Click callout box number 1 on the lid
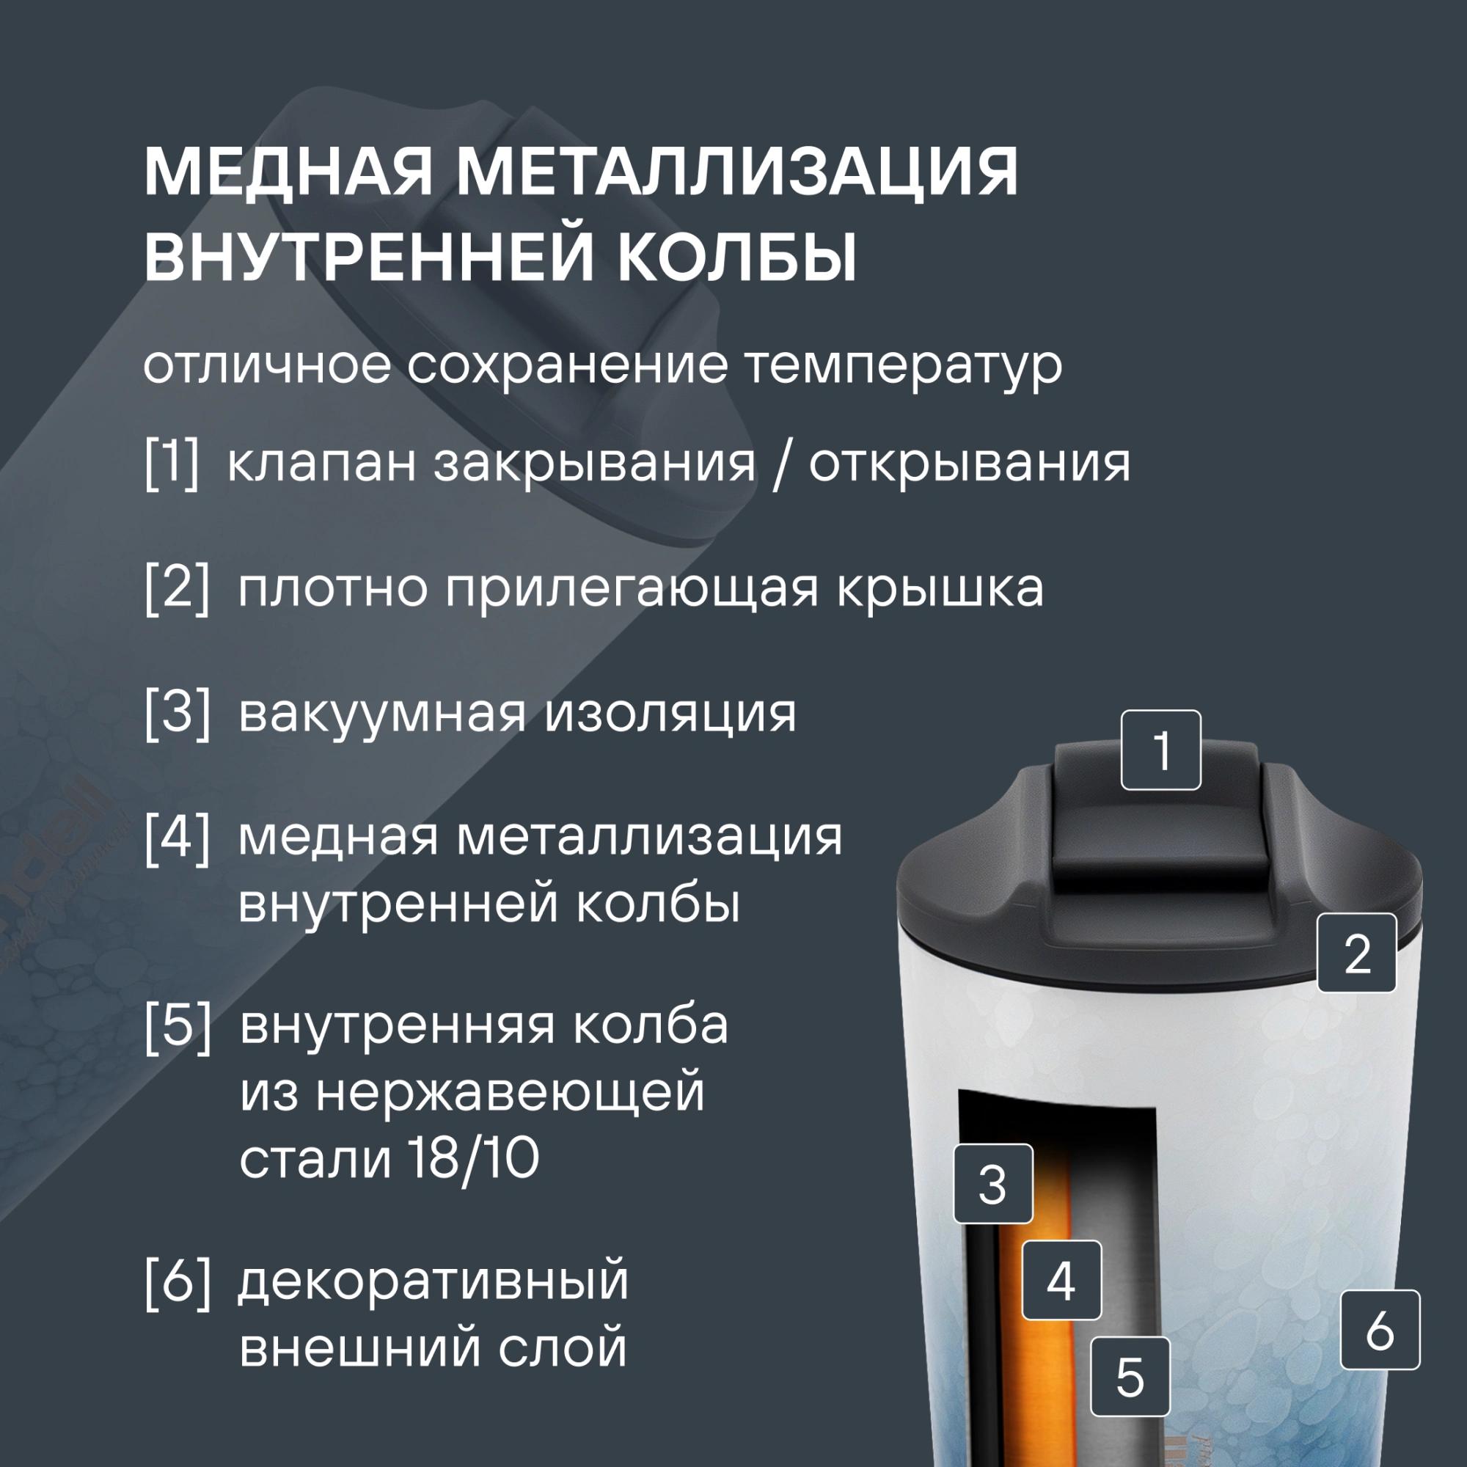click(x=1161, y=750)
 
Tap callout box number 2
click(x=1357, y=953)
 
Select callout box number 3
click(x=993, y=1184)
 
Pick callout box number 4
click(x=1061, y=1281)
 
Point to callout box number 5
click(x=1130, y=1377)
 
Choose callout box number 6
click(x=1380, y=1330)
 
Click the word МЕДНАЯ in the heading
click(x=288, y=174)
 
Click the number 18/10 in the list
click(x=466, y=1159)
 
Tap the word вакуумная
click(x=383, y=714)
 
